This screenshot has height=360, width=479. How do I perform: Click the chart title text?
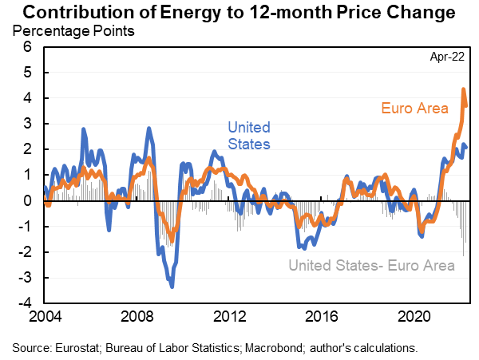239,13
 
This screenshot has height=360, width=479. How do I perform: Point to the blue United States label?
249,135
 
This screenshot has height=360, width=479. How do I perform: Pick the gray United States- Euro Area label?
372,266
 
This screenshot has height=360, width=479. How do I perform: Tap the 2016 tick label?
327,316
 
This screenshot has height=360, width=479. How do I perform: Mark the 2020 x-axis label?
421,316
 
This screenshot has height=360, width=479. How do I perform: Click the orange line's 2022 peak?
464,89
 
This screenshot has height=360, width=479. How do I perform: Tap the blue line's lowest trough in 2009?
172,285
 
